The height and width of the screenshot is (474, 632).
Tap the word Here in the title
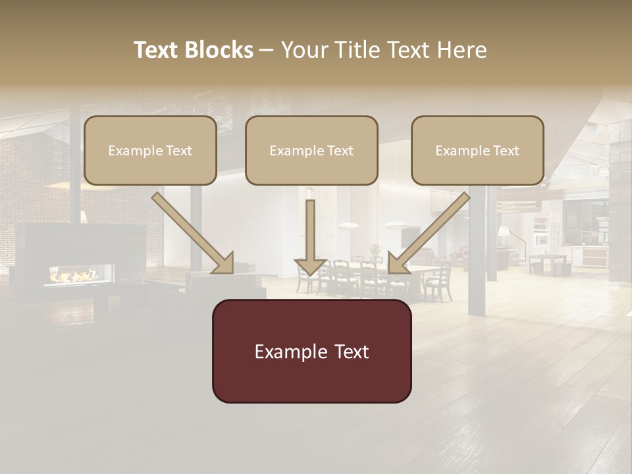pos(462,50)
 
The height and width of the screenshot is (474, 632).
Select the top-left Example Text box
pos(150,150)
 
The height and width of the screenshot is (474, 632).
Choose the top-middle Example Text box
pos(311,150)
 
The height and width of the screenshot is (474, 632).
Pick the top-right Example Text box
pos(477,150)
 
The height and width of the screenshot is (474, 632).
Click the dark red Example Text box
pos(311,351)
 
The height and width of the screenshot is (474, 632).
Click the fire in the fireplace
pos(74,275)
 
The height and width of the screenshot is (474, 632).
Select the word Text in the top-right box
pos(506,151)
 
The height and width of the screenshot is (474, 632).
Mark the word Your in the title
pos(303,50)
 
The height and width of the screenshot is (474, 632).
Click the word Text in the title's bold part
pos(157,50)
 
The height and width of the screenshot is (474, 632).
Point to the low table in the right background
pos(548,262)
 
